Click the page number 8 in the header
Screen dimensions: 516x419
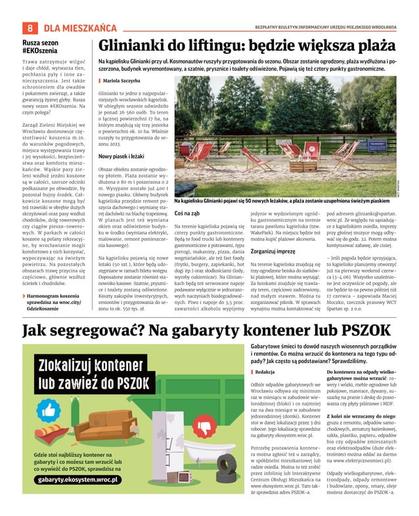point(30,28)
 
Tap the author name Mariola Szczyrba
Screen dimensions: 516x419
point(123,80)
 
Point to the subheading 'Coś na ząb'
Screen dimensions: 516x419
point(188,213)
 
